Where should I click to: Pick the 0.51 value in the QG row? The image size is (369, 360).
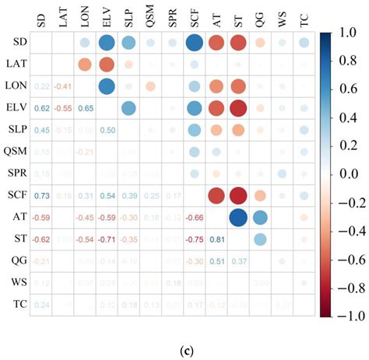point(216,260)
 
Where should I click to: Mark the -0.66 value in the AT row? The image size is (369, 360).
point(194,217)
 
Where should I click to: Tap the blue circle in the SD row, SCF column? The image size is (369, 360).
point(194,42)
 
